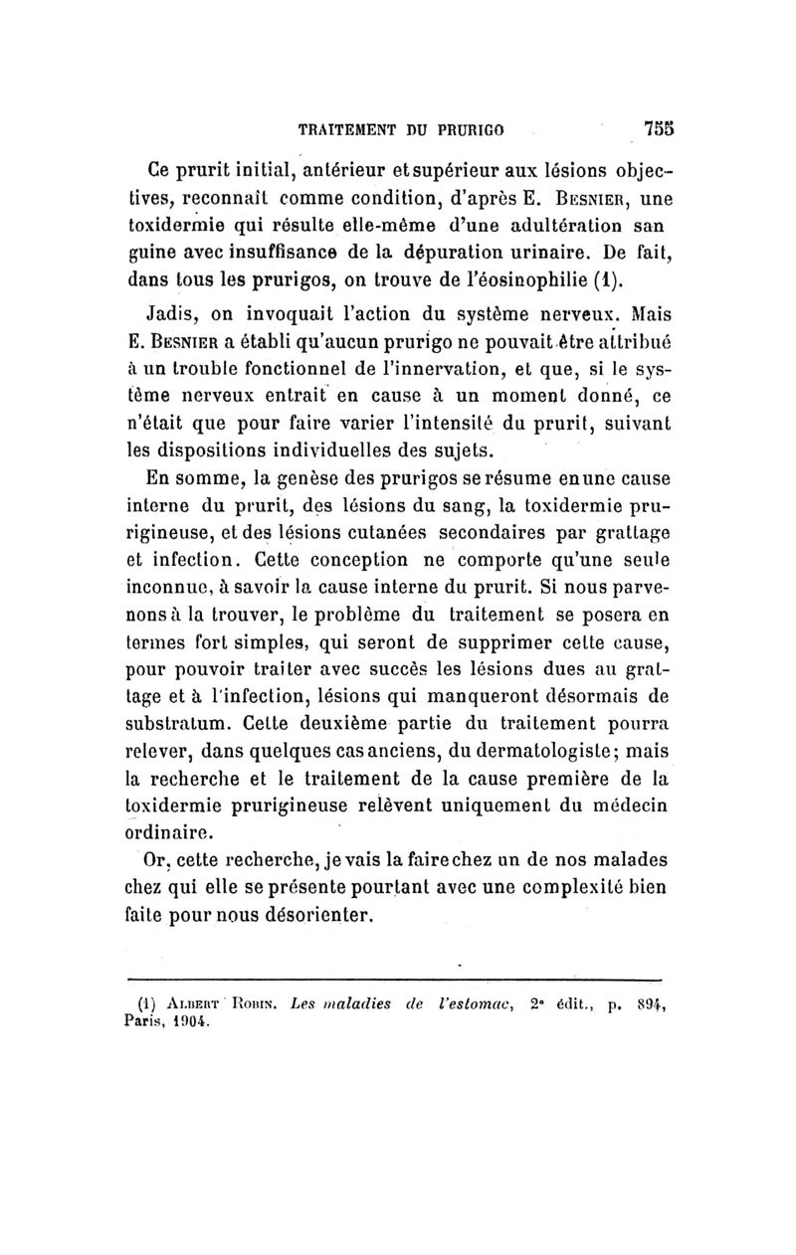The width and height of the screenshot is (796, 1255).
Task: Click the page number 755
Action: (x=660, y=128)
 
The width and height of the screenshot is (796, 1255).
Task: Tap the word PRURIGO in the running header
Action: (x=473, y=129)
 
